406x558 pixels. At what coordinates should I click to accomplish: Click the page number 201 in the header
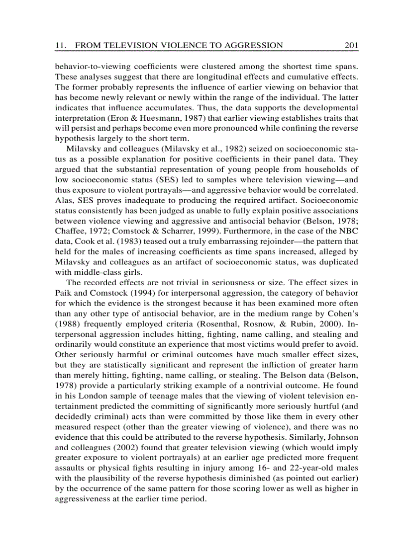click(351, 46)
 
